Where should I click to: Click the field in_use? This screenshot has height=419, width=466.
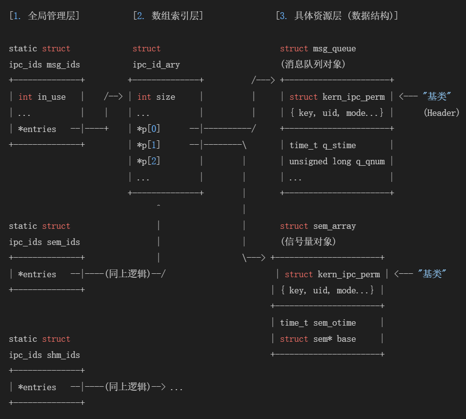pyautogui.click(x=51, y=97)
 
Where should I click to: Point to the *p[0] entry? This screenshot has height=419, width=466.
pyautogui.click(x=148, y=129)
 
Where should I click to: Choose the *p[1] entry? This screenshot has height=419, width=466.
pyautogui.click(x=148, y=145)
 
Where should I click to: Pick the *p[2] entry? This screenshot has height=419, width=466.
pyautogui.click(x=148, y=161)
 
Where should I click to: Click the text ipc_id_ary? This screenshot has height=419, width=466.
pyautogui.click(x=156, y=65)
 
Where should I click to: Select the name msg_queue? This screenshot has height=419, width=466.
pyautogui.click(x=334, y=48)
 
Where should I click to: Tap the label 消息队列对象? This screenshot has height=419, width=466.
pyautogui.click(x=313, y=65)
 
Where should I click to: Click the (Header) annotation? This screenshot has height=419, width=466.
pyautogui.click(x=441, y=113)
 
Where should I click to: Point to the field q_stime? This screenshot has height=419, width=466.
pyautogui.click(x=339, y=145)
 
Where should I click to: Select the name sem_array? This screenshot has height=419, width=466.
pyautogui.click(x=334, y=226)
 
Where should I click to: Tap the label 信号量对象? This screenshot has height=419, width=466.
pyautogui.click(x=308, y=242)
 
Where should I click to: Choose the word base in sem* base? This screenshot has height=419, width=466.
pyautogui.click(x=346, y=339)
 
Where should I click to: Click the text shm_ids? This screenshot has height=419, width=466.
pyautogui.click(x=63, y=355)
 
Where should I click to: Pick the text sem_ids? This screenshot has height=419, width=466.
pyautogui.click(x=63, y=242)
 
